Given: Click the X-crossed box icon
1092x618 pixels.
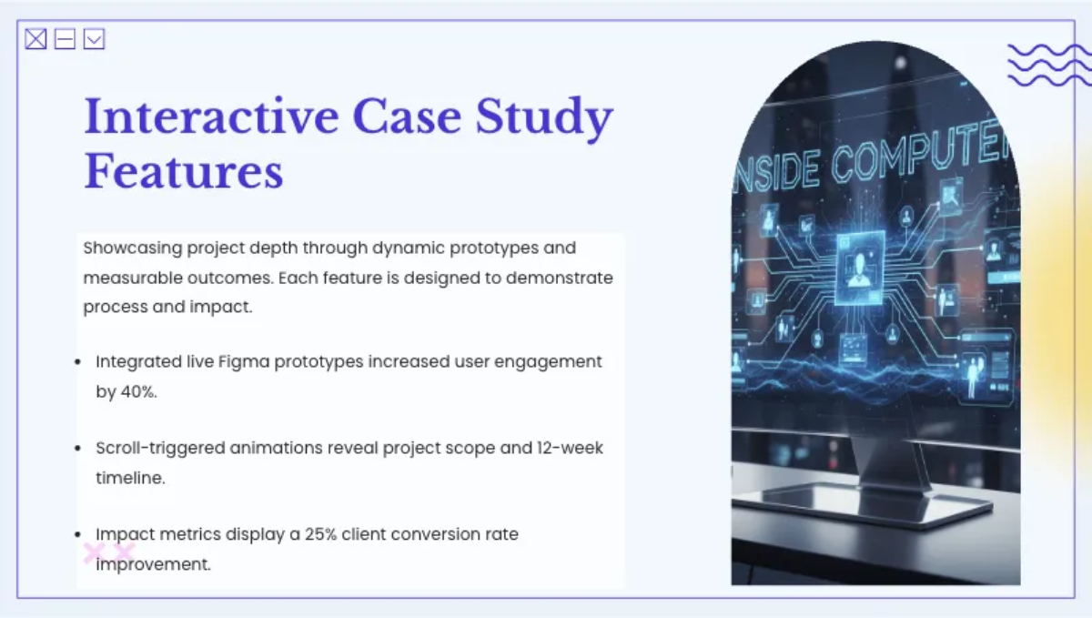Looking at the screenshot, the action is pyautogui.click(x=35, y=39).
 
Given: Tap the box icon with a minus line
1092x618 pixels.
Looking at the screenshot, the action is pyautogui.click(x=65, y=39).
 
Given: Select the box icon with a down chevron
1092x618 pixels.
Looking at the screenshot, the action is pyautogui.click(x=94, y=39).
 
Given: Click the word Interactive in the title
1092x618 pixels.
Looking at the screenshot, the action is pyautogui.click(x=211, y=117).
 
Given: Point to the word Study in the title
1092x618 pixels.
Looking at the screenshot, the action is pyautogui.click(x=544, y=118).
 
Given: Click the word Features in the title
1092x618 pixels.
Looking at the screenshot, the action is pyautogui.click(x=184, y=171).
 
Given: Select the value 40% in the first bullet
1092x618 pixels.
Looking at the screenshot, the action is pyautogui.click(x=138, y=391).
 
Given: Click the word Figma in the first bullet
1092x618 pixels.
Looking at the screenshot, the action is pyautogui.click(x=244, y=362).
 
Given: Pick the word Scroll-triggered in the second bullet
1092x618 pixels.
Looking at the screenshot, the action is pyautogui.click(x=160, y=449).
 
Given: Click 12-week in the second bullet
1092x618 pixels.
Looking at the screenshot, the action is pyautogui.click(x=570, y=448).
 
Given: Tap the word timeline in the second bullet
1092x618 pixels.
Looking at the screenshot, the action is pyautogui.click(x=130, y=478).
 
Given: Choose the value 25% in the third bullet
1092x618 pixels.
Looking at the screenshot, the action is pyautogui.click(x=320, y=534).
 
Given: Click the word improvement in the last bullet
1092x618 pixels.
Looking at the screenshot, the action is pyautogui.click(x=153, y=564).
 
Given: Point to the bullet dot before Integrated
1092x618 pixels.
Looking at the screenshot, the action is pyautogui.click(x=77, y=362).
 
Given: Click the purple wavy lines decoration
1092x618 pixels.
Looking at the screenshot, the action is pyautogui.click(x=1049, y=65).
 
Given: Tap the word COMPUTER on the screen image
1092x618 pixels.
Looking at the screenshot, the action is pyautogui.click(x=919, y=150).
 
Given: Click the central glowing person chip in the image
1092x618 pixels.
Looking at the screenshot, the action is pyautogui.click(x=859, y=268).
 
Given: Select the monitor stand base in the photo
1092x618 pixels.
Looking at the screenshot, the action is pyautogui.click(x=863, y=502).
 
